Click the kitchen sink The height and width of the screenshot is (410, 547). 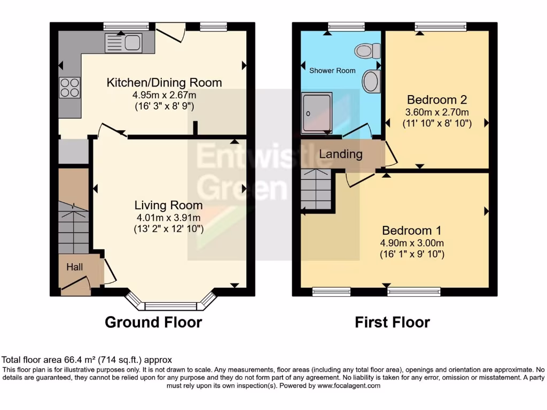123,43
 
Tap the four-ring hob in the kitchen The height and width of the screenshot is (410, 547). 69,88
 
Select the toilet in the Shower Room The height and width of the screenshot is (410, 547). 368,51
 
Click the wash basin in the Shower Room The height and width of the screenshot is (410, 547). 370,82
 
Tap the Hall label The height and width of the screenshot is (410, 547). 75,266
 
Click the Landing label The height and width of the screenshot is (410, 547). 341,154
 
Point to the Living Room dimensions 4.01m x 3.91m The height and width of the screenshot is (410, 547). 168,217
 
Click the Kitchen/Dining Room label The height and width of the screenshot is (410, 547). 165,83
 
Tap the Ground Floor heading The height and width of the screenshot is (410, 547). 153,322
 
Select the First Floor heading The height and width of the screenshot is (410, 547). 393,322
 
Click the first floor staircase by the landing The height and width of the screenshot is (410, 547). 316,190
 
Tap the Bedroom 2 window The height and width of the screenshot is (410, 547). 441,25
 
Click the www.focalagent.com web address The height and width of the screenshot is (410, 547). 349,385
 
